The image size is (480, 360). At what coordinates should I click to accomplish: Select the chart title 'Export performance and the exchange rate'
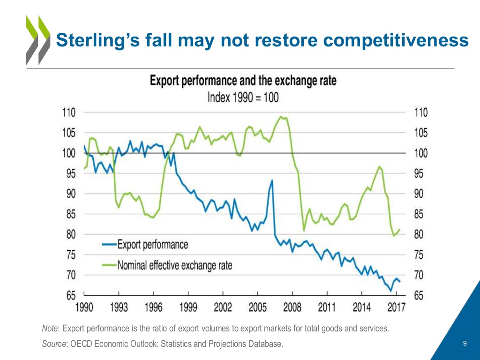pyautogui.click(x=243, y=81)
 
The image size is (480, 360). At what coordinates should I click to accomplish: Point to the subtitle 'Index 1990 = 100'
pyautogui.click(x=243, y=97)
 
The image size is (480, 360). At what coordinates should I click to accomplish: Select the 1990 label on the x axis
pyautogui.click(x=84, y=307)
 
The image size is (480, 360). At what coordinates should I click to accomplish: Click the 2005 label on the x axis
pyautogui.click(x=257, y=307)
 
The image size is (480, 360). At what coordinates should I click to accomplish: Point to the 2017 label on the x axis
pyautogui.click(x=396, y=307)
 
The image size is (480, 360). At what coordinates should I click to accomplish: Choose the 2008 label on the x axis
pyautogui.click(x=292, y=307)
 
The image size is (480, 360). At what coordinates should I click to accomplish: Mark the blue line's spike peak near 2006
pyautogui.click(x=272, y=180)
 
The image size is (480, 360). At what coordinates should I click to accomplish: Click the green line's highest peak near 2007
pyautogui.click(x=281, y=117)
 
